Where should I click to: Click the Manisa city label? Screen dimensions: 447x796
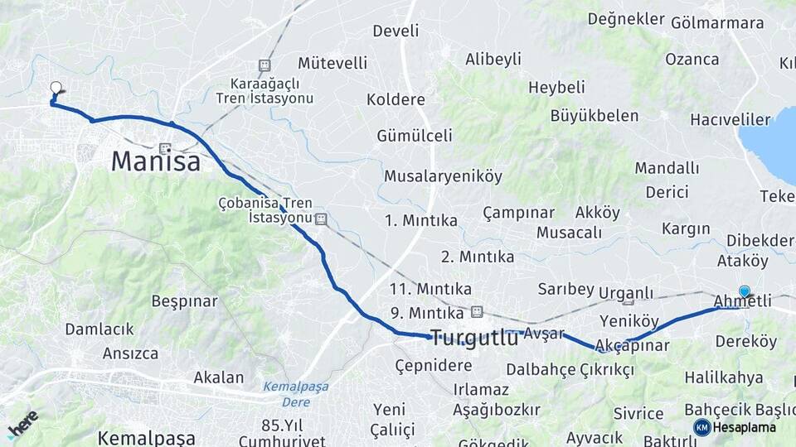tap(156, 161)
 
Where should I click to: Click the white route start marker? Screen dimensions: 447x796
tap(56, 87)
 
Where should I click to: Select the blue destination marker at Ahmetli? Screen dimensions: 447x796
tap(745, 291)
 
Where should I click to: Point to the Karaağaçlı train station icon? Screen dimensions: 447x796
tap(265, 65)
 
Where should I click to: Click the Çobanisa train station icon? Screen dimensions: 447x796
tap(321, 219)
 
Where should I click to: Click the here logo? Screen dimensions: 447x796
tap(22, 424)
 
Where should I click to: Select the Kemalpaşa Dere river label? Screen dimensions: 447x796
tap(296, 394)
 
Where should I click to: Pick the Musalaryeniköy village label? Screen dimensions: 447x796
tap(443, 176)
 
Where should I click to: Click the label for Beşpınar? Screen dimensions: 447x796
tap(184, 301)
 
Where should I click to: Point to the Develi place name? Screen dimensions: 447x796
tap(396, 31)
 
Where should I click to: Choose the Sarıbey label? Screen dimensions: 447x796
tap(566, 289)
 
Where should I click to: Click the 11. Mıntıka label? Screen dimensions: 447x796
tap(430, 289)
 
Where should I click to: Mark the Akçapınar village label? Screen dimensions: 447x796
tap(632, 345)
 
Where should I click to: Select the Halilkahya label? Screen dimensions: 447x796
tap(724, 377)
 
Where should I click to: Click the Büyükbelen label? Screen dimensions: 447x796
tap(595, 116)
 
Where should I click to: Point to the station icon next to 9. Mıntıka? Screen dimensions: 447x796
tap(476, 312)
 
